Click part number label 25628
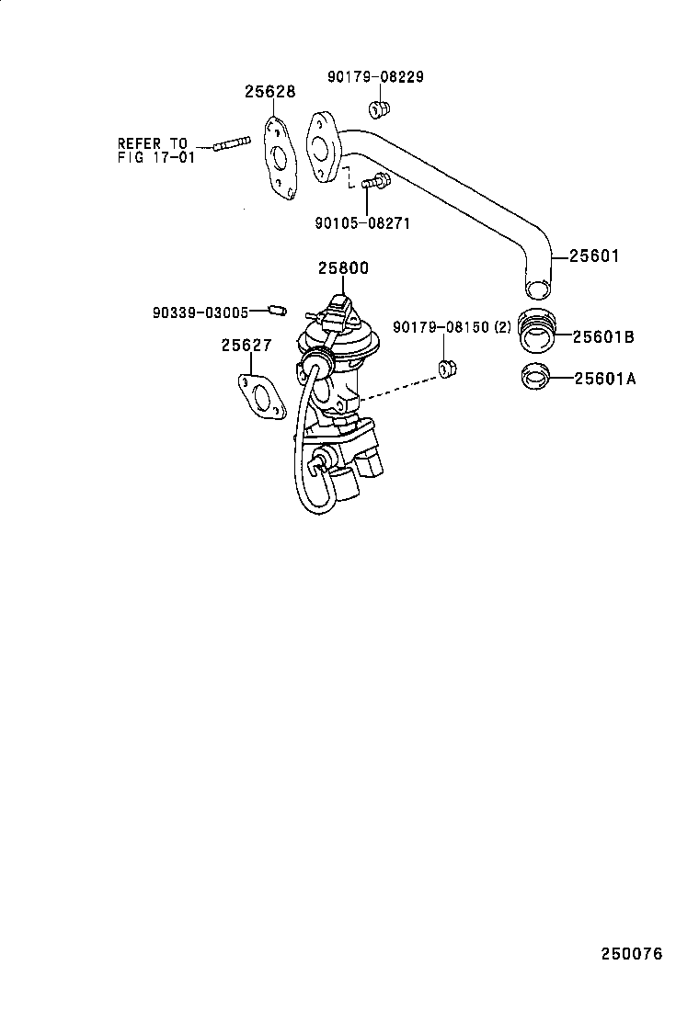coord(269,92)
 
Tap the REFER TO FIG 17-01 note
coord(152,150)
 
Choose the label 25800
coord(343,268)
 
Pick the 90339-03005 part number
coord(201,312)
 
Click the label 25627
coord(245,346)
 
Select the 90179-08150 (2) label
coord(452,327)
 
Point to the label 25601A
coord(604,377)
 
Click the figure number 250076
coord(632,953)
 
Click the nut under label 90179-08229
coord(378,110)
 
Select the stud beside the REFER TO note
coord(233,144)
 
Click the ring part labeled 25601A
coord(536,377)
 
